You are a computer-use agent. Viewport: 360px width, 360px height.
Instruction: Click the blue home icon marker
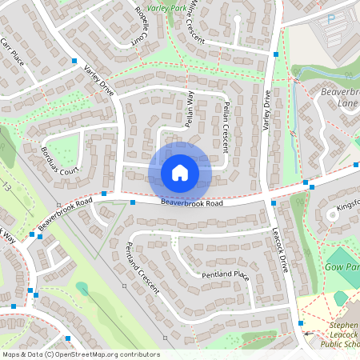coord(180,172)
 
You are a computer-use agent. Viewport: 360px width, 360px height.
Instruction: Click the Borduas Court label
coord(60,160)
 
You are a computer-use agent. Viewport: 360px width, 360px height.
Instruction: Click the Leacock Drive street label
coord(279,246)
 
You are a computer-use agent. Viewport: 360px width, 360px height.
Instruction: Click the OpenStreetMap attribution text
coord(80,354)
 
